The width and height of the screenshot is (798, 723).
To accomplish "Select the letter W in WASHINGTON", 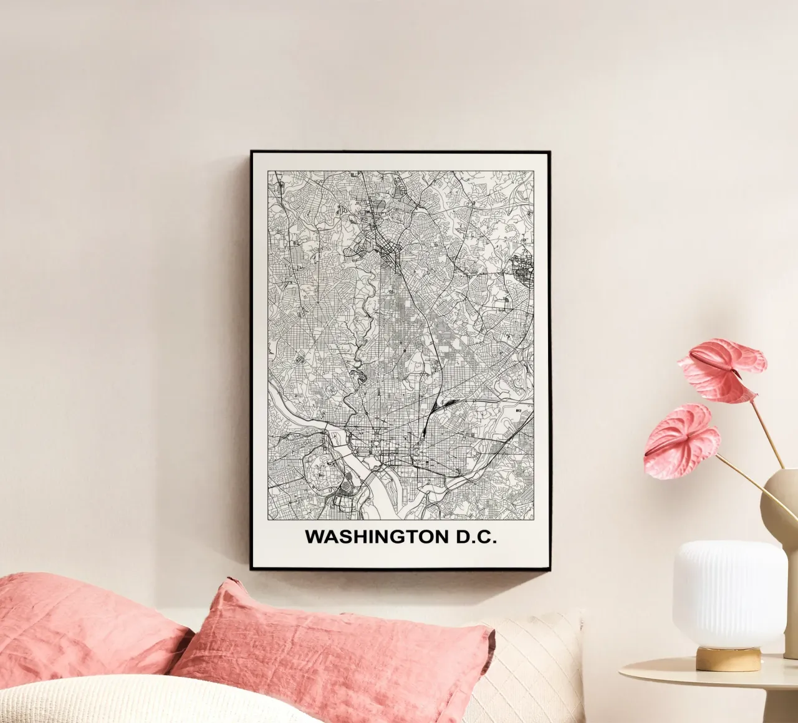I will tap(313, 537).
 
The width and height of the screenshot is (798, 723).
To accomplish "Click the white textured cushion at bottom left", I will tap(94, 698).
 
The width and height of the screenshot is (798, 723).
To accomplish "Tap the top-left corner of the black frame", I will tap(252, 152).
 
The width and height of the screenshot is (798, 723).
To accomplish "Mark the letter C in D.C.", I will tap(486, 537).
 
